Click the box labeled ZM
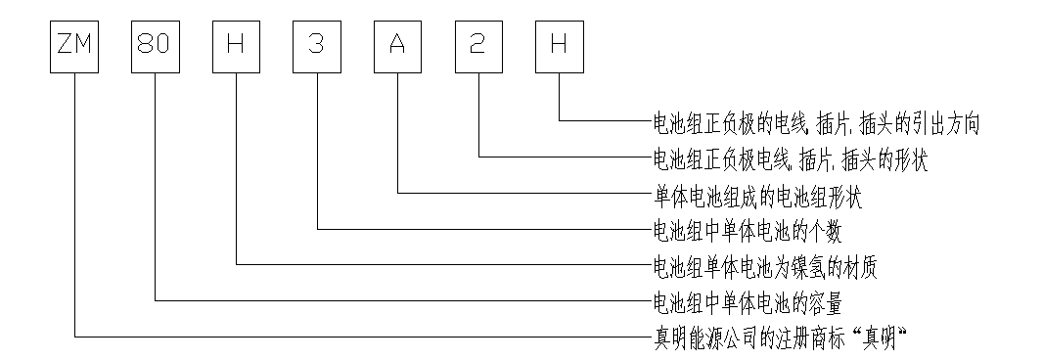click(75, 48)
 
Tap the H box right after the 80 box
click(237, 48)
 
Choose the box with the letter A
click(398, 48)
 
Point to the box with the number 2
click(479, 48)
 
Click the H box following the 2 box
click(560, 48)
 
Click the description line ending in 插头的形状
click(789, 158)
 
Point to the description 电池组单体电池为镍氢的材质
click(765, 266)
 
